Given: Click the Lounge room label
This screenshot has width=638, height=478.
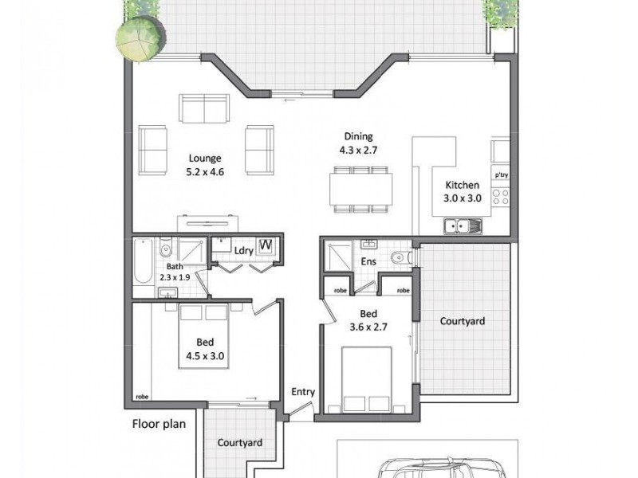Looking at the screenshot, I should (x=205, y=158).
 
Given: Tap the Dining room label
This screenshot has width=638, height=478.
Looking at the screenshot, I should (x=358, y=136).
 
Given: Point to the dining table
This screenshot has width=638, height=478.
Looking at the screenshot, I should (x=360, y=190).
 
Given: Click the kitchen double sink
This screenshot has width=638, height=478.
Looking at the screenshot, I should (x=462, y=228).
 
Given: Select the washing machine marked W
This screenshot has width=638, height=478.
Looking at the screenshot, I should (x=266, y=246).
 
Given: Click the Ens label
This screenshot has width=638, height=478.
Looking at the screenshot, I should (x=368, y=261).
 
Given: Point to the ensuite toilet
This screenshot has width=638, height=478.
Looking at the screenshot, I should (x=400, y=257).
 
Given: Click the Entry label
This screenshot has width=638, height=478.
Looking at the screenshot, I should (x=304, y=392).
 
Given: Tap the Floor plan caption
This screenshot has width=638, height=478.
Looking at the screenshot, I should (x=159, y=424).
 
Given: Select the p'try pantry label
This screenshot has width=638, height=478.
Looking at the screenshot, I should (x=501, y=174).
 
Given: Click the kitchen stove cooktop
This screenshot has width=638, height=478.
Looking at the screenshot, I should (x=501, y=195).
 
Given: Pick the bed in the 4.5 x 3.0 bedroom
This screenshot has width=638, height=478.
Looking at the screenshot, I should (x=204, y=335).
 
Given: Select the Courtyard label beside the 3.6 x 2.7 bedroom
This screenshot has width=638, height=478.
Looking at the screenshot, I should (x=463, y=322).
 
